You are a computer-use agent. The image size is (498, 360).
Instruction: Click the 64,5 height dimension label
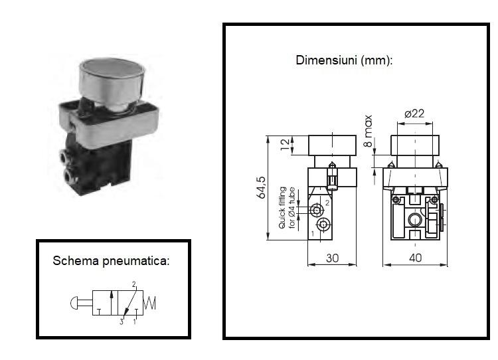pyautogui.click(x=261, y=187)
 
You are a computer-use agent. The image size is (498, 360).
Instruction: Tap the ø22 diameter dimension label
pyautogui.click(x=414, y=114)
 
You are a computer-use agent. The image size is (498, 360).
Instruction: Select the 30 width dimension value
pyautogui.click(x=332, y=258)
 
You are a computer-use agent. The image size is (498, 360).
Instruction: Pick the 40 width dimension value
pyautogui.click(x=416, y=258)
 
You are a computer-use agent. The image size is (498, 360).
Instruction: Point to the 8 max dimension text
pyautogui.click(x=368, y=131)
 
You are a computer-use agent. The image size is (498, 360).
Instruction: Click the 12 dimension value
pyautogui.click(x=286, y=144)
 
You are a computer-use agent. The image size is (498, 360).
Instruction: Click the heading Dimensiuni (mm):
pyautogui.click(x=344, y=60)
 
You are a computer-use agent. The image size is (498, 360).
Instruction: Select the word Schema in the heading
pyautogui.click(x=76, y=260)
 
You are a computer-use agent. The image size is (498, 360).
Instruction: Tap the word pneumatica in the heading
pyautogui.click(x=136, y=261)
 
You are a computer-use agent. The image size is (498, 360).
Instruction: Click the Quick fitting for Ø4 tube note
pyautogui.click(x=287, y=208)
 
